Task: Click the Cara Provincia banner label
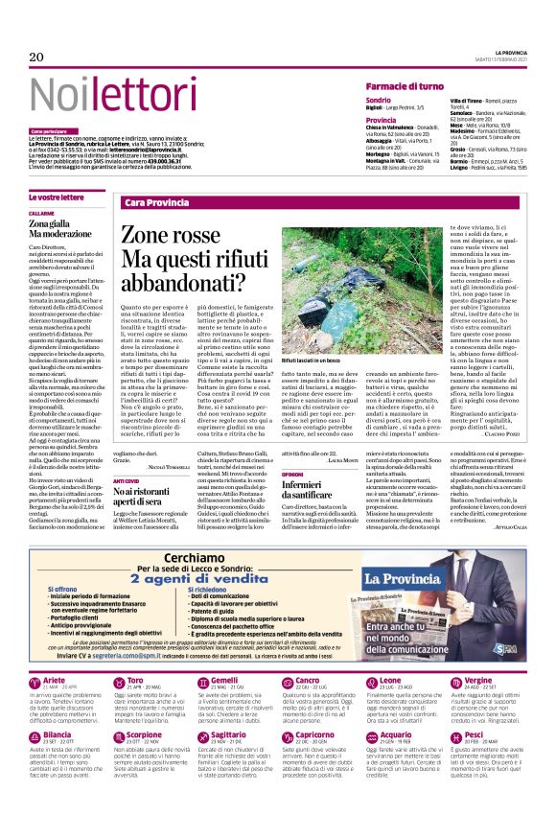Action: pos(156,203)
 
